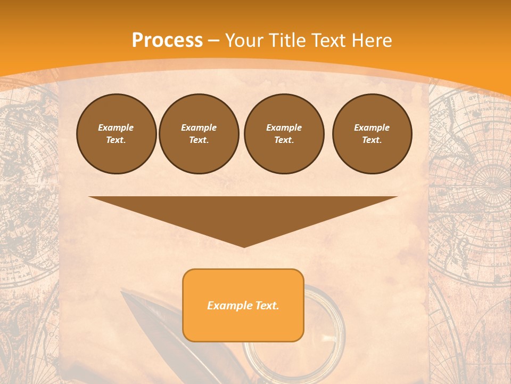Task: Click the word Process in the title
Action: (x=167, y=41)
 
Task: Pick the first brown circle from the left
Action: (x=116, y=134)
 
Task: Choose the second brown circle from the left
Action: (x=199, y=134)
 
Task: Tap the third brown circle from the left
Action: (x=284, y=134)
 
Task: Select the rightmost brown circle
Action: (x=372, y=134)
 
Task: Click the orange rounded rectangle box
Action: (x=243, y=305)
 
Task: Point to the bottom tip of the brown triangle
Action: (x=244, y=246)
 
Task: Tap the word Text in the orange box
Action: (x=265, y=306)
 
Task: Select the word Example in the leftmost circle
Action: (x=116, y=127)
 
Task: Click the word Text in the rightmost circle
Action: (x=372, y=140)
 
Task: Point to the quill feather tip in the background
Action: (x=122, y=293)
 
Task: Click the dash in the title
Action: (x=214, y=41)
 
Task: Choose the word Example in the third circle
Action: (x=284, y=127)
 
